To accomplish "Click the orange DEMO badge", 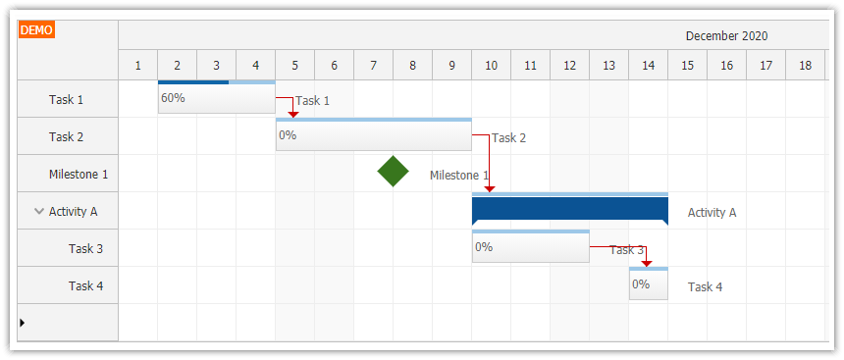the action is coord(36,29).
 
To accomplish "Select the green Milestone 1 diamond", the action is coord(393,172).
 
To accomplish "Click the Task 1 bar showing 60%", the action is coord(216,98).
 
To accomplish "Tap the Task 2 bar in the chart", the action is coord(373,135).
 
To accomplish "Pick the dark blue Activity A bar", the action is coord(569,210).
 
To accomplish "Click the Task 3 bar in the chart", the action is coord(530,247).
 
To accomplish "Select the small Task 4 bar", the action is coord(648,284).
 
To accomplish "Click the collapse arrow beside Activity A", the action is coord(38,211).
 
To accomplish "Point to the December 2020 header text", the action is coord(726,35).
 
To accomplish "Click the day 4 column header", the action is coord(255,66).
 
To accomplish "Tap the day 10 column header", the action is coord(491,66).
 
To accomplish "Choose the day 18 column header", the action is coord(805,66).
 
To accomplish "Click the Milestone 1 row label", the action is coord(79,174).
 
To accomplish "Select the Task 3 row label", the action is coord(85,248).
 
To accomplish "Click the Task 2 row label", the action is coord(67,136).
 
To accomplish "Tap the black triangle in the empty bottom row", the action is coord(23,322).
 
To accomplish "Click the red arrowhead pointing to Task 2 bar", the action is coord(292,115).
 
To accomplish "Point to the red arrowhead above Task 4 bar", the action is coord(646,263).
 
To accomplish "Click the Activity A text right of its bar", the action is coord(712,212).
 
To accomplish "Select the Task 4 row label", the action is coord(85,285).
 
